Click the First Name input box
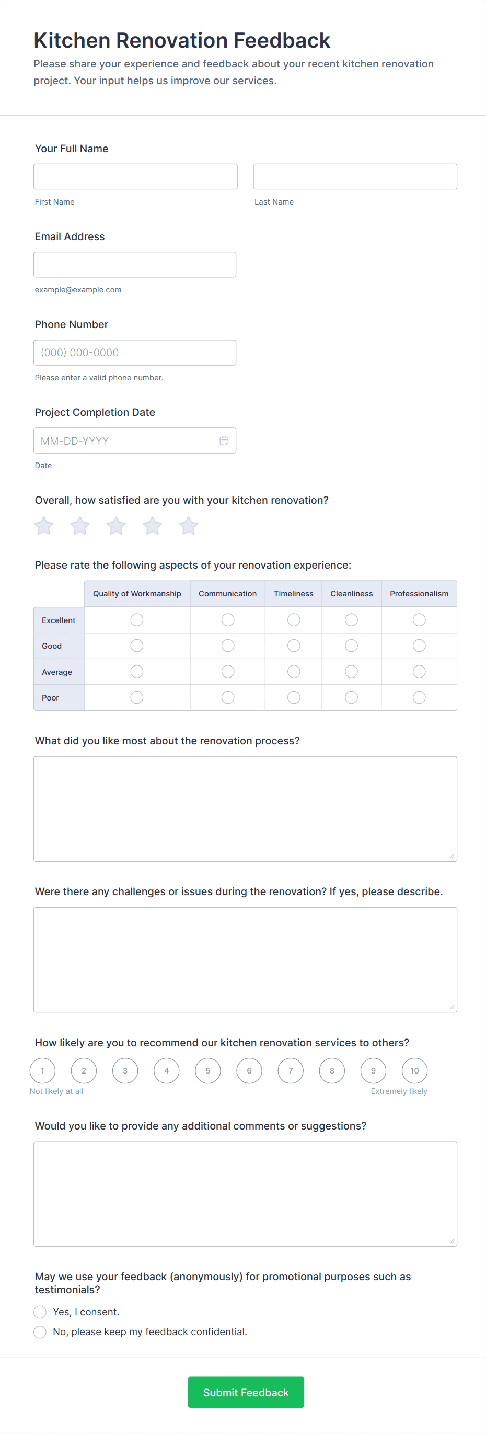coord(135,176)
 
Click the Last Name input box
coord(355,176)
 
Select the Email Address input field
coord(135,264)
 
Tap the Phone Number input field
coord(135,353)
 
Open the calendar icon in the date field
coord(224,441)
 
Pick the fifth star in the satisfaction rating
coord(189,525)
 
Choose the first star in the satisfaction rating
coord(44,525)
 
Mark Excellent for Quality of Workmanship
coord(137,619)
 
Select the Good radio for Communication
coord(227,646)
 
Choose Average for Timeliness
coord(294,672)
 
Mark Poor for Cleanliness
coord(351,697)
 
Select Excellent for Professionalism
coord(419,619)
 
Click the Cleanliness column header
coord(351,593)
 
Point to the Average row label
coord(57,672)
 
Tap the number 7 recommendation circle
coord(290,1070)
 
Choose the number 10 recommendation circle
coord(414,1070)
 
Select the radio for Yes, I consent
coord(40,1312)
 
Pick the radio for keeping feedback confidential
coord(40,1331)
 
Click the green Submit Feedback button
coord(246,1392)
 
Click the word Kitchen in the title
coord(72,41)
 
